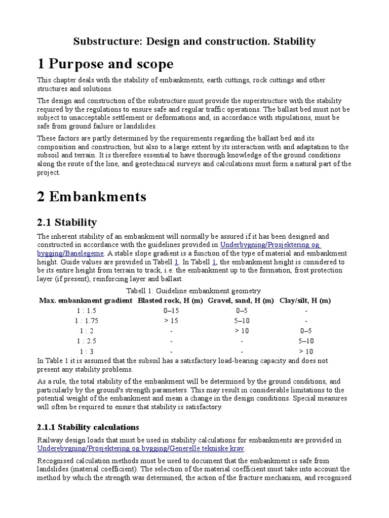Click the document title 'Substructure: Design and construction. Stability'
194,41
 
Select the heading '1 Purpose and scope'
105,64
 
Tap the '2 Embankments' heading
92,196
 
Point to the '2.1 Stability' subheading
67,222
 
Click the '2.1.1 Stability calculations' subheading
88,427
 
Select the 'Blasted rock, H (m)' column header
171,300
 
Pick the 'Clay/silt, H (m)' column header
305,300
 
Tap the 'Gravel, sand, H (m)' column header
241,300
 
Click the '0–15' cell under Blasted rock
171,311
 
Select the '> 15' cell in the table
171,321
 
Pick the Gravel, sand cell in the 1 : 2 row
242,331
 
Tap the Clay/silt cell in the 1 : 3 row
306,351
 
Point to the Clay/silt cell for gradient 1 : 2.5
306,341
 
